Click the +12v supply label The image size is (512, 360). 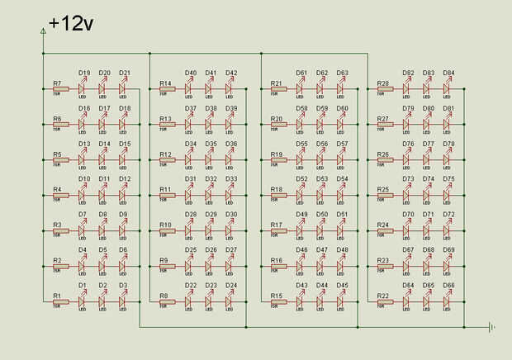point(71,23)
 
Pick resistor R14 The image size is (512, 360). point(167,89)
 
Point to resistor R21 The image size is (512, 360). point(277,89)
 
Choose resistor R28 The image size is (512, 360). point(384,89)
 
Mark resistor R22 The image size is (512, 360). point(384,301)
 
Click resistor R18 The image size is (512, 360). point(277,196)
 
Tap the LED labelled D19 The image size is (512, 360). point(83,88)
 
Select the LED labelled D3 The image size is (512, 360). point(122,301)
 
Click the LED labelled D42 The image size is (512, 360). point(230,88)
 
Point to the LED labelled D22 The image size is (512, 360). point(190,301)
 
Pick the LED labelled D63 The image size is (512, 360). point(341,88)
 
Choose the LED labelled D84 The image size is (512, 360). point(447,88)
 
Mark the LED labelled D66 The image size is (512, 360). point(447,301)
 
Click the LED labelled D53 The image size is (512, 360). point(320,195)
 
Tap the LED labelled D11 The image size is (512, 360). point(102,195)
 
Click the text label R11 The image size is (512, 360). point(166,189)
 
